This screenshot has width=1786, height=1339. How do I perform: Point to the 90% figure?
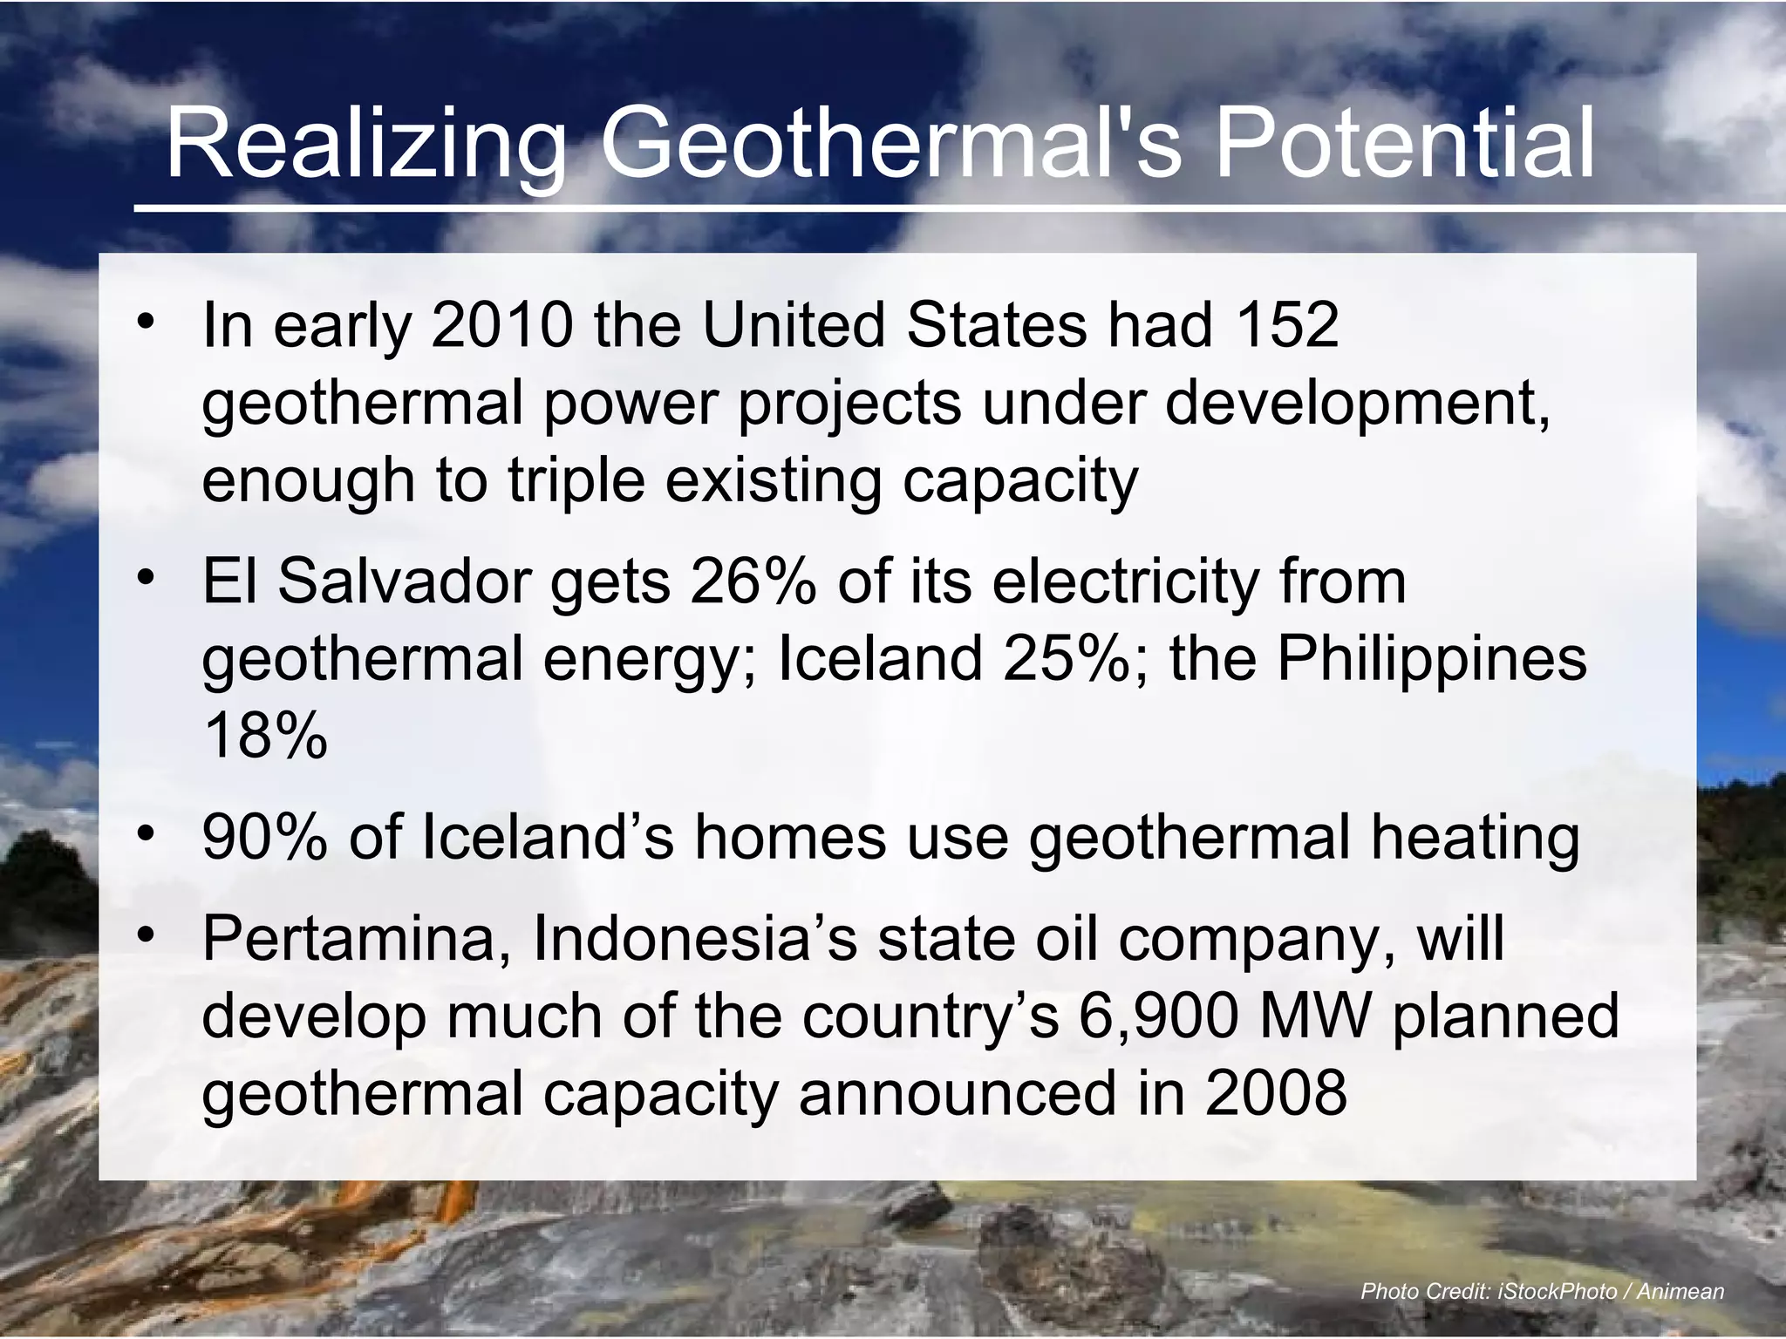pyautogui.click(x=264, y=837)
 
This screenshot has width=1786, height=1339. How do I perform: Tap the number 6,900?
pyautogui.click(x=1158, y=1016)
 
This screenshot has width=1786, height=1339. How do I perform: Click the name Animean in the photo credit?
pyautogui.click(x=1680, y=1291)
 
